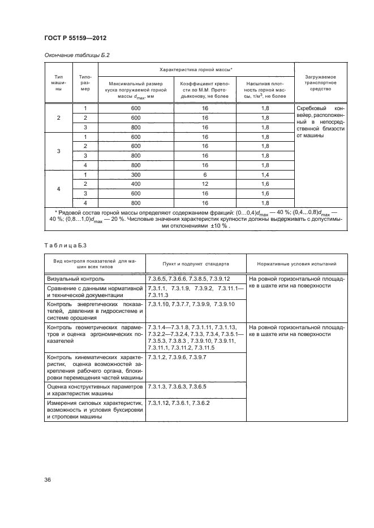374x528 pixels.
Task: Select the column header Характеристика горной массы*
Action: pos(196,69)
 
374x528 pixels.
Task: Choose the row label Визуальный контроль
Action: pos(73,279)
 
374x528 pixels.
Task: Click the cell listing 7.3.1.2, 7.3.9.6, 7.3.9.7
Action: pos(177,357)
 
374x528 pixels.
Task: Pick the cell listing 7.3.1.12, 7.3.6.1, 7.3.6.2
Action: pos(178,403)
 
